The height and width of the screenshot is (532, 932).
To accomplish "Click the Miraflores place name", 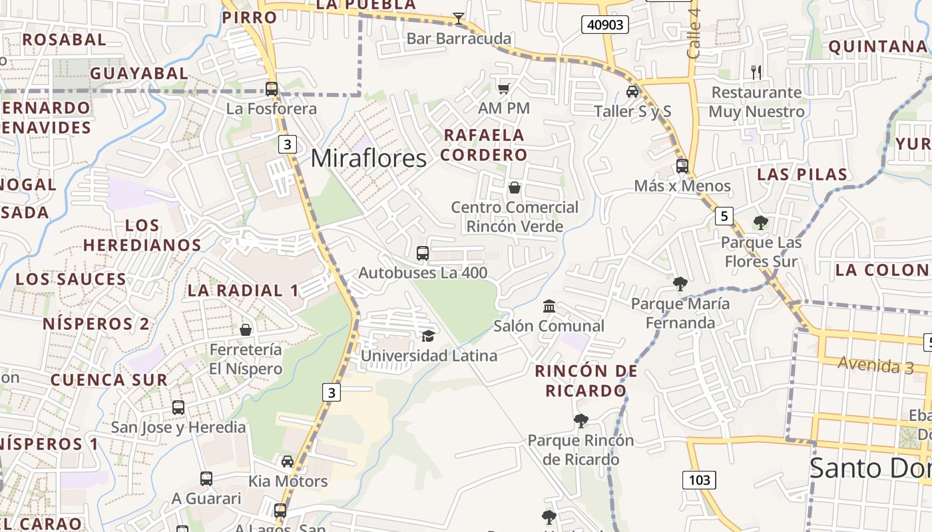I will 368,158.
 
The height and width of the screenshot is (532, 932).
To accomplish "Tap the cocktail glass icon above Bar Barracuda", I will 459,18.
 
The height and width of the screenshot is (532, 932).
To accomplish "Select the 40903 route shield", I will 605,25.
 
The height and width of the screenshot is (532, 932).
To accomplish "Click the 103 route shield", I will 699,479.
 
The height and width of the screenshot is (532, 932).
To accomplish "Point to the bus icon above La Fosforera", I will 272,88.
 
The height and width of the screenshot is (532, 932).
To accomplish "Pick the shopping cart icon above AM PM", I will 504,88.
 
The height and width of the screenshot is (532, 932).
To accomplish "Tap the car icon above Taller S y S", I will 632,92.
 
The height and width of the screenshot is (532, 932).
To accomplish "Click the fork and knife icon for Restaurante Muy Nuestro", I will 756,72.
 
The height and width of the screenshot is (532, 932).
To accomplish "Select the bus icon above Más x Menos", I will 682,166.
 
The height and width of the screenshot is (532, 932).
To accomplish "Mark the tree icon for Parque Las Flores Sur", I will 760,223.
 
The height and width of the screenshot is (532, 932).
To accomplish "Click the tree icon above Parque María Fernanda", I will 680,284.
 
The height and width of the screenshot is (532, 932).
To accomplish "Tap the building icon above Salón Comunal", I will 549,307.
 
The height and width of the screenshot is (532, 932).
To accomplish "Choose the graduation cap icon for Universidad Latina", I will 428,336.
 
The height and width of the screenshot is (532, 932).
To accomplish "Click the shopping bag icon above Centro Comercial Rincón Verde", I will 514,188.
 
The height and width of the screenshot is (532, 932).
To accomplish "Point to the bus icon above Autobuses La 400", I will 423,253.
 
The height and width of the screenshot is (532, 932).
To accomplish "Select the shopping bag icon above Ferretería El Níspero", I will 246,330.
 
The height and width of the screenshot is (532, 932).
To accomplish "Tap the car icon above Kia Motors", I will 288,461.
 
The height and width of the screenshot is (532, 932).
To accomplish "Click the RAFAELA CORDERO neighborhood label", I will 484,145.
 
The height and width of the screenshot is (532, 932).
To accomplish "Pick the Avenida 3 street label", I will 875,364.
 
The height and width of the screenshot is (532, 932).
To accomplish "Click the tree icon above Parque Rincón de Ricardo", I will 581,420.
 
